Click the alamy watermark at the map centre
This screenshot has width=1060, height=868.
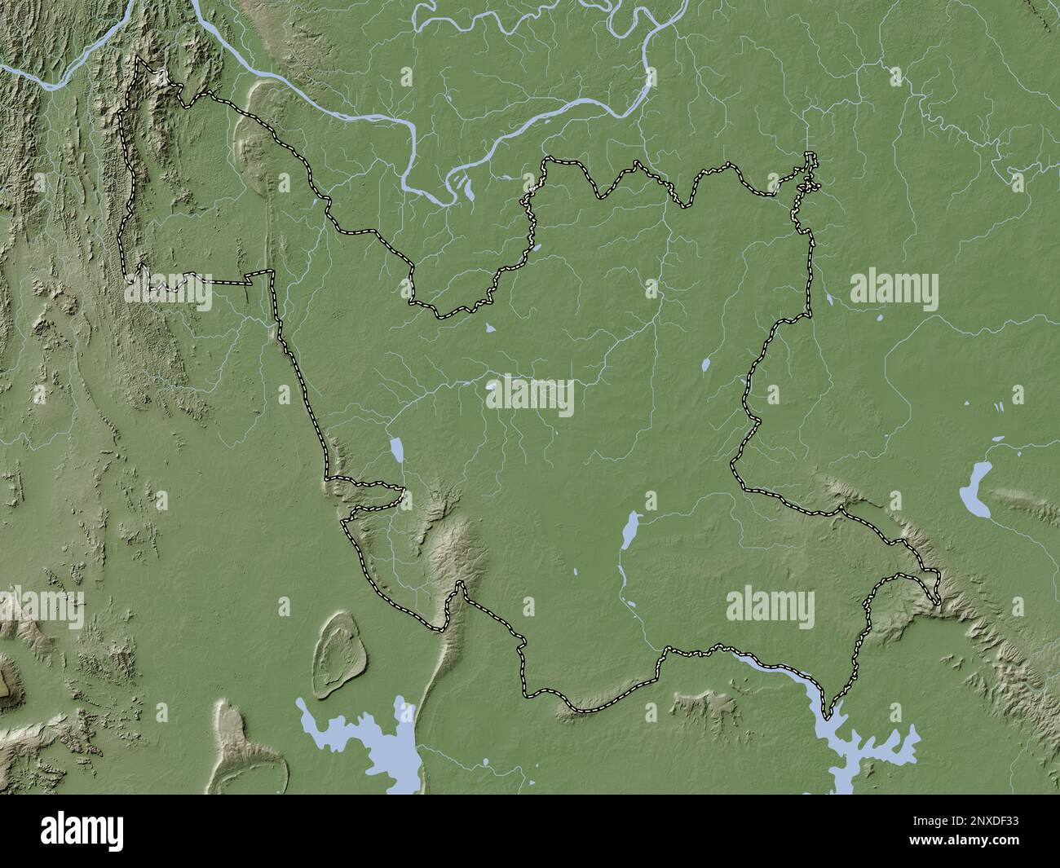(530, 397)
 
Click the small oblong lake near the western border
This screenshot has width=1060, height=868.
(396, 449)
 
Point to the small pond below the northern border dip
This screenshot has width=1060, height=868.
(490, 328)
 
